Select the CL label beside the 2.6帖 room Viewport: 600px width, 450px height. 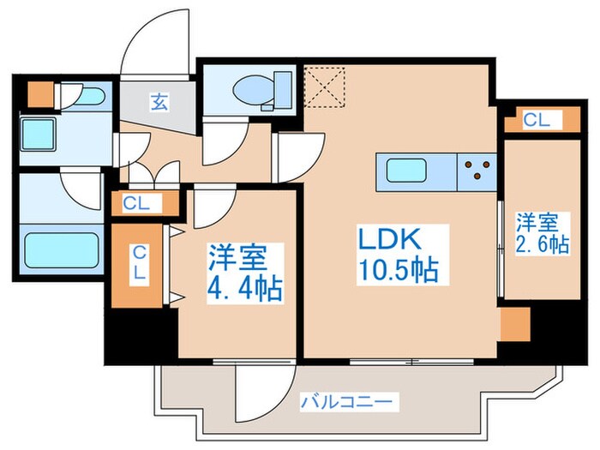pyautogui.click(x=537, y=121)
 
